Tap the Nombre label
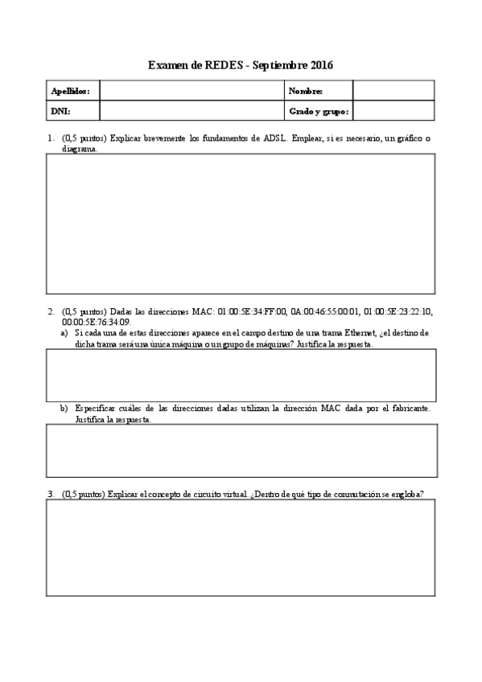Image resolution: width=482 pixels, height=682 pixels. tap(306, 91)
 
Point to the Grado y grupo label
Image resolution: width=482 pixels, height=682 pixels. tap(318, 111)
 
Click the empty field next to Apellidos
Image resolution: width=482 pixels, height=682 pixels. tap(191, 91)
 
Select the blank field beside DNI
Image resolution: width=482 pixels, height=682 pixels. tap(191, 111)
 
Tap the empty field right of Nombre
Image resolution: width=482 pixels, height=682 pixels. tap(393, 91)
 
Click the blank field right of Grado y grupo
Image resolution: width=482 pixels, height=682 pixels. tap(393, 111)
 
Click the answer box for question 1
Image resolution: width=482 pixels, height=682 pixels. tap(241, 224)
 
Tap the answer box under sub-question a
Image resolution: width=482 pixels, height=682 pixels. tap(241, 375)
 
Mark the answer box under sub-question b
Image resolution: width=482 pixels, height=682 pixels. tap(241, 450)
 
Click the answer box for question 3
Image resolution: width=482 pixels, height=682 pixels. tap(241, 547)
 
